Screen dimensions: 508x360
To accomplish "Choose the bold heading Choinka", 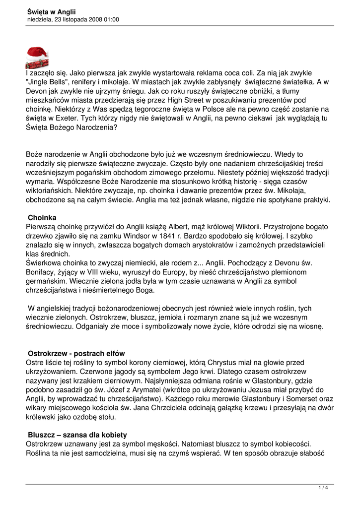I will click(42, 217).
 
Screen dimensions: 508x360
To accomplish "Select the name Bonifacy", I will click(41, 272).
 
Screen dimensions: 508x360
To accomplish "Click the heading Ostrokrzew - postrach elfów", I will click(76, 354).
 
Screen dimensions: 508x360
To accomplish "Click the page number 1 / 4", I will click(323, 488).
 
